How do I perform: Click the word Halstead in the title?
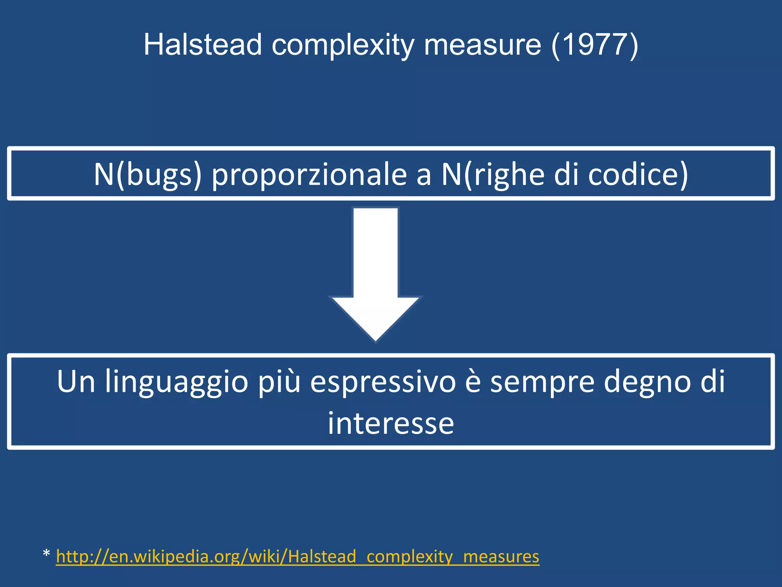[x=202, y=45]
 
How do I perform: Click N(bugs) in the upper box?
[x=147, y=174]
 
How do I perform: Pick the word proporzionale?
[x=309, y=175]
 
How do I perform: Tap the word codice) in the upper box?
[x=638, y=174]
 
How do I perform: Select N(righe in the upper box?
[x=493, y=175]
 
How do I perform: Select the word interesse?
[x=391, y=423]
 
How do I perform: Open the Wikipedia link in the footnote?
[x=297, y=556]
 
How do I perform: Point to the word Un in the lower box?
[x=76, y=381]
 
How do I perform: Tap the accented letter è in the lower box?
[x=473, y=381]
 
